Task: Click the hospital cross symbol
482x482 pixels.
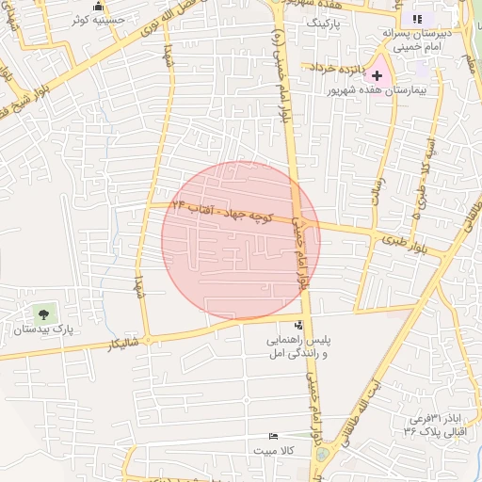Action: (x=378, y=74)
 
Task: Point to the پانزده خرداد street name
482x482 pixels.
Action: (x=336, y=68)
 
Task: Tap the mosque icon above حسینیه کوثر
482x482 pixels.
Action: (x=99, y=6)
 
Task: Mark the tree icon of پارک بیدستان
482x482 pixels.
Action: (x=41, y=312)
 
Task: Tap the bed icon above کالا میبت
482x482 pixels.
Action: (x=273, y=435)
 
